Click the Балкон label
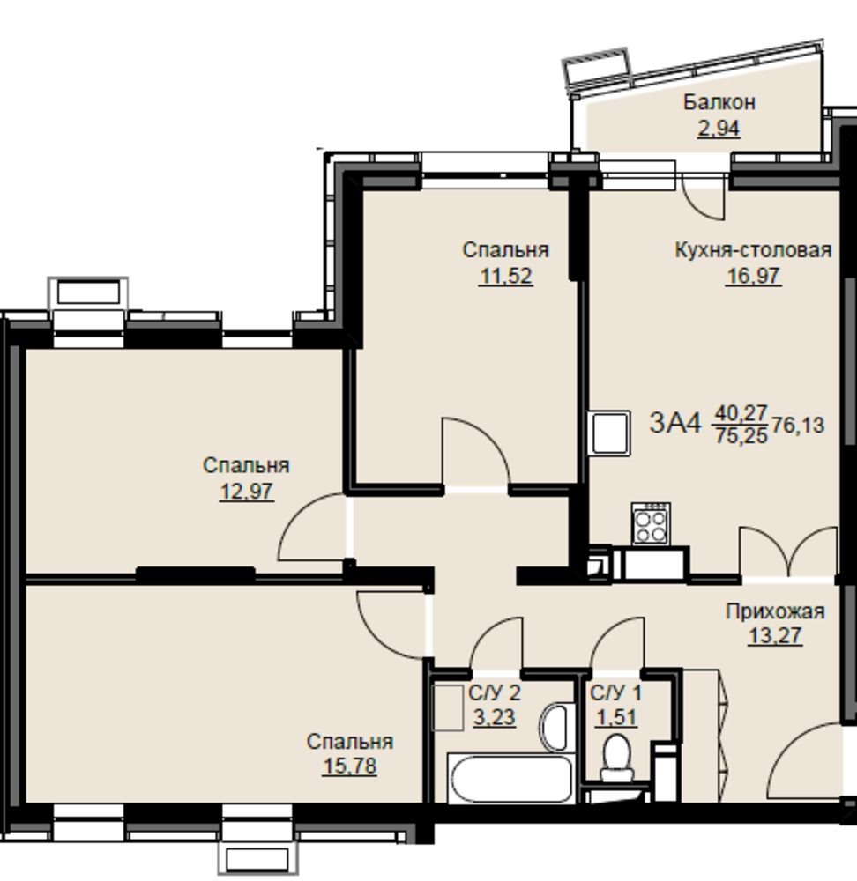pos(719,102)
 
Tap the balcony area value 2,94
pos(719,129)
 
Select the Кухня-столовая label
pos(753,250)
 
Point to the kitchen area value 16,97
pos(753,276)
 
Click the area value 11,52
pos(505,276)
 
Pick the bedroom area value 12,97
pos(246,492)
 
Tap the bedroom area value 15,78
pos(349,766)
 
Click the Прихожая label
pos(775,611)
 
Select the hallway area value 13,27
pos(775,636)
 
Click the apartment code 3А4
pos(675,423)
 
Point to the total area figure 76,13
pos(798,426)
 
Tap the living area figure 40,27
pos(741,413)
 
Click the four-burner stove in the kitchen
pos(651,523)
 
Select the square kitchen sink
pos(609,433)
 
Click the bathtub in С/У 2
pos(510,778)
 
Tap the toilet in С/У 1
pos(617,758)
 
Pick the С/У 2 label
pos(495,692)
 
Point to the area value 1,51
pos(616,717)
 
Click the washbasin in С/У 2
pos(555,726)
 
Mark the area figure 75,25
pos(741,436)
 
